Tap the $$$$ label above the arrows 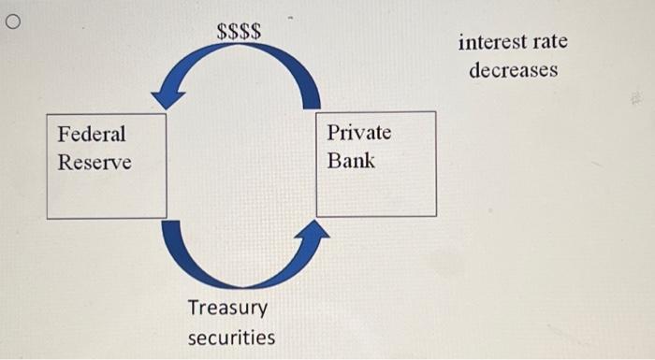point(240,31)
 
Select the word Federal point(91,134)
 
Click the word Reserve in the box point(95,162)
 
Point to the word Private point(359,132)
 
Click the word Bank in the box point(351,160)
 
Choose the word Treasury point(227,308)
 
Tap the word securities point(231,337)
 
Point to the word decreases point(513,70)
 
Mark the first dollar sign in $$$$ point(223,31)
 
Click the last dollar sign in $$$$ point(256,31)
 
